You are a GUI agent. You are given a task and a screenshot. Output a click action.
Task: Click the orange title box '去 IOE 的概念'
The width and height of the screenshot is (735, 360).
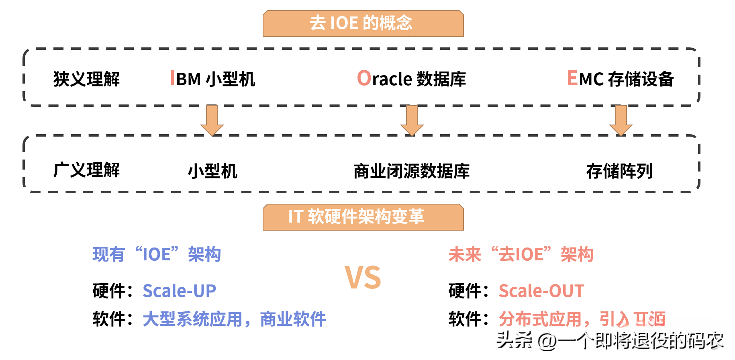click(x=363, y=23)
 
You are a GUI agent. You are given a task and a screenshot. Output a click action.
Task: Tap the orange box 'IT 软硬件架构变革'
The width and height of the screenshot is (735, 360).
click(x=363, y=217)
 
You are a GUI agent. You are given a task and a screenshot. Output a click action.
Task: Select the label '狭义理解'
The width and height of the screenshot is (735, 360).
click(x=86, y=79)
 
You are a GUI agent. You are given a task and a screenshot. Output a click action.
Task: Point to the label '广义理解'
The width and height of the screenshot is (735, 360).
click(x=86, y=170)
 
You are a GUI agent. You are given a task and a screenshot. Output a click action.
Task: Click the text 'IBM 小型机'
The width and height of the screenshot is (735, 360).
click(x=213, y=79)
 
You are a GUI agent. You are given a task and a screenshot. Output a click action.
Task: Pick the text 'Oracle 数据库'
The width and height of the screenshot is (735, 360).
click(x=411, y=79)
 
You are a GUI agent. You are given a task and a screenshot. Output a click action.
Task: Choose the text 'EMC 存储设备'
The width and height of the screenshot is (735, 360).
click(x=620, y=79)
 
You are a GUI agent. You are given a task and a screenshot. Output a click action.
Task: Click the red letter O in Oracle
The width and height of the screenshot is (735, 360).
click(x=364, y=78)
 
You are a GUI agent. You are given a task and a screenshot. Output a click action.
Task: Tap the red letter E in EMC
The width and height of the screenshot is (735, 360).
click(x=572, y=78)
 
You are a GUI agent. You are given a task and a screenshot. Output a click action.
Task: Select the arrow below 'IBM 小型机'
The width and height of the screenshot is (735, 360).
click(x=212, y=121)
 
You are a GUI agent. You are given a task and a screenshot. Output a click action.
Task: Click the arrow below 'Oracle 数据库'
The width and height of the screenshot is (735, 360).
click(x=412, y=121)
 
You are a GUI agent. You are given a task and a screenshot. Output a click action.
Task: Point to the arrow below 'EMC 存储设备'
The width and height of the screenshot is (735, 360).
click(x=621, y=121)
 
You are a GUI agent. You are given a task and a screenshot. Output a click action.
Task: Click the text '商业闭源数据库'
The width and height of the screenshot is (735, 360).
click(x=411, y=171)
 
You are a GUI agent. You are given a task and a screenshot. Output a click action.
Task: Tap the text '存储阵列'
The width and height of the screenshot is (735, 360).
click(x=619, y=171)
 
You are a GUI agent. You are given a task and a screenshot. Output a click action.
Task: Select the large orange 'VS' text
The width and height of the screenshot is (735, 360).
click(x=363, y=278)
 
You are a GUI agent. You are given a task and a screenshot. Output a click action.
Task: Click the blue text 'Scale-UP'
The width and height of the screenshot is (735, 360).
click(x=180, y=291)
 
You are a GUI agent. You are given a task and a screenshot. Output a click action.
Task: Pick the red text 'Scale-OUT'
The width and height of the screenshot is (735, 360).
click(x=541, y=291)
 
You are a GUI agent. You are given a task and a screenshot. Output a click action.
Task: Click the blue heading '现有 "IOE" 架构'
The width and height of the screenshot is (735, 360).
click(x=157, y=255)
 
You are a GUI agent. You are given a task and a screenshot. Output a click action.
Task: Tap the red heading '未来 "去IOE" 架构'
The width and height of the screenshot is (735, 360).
click(x=521, y=255)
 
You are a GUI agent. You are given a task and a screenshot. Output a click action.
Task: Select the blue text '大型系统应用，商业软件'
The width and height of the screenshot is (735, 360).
click(x=234, y=319)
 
